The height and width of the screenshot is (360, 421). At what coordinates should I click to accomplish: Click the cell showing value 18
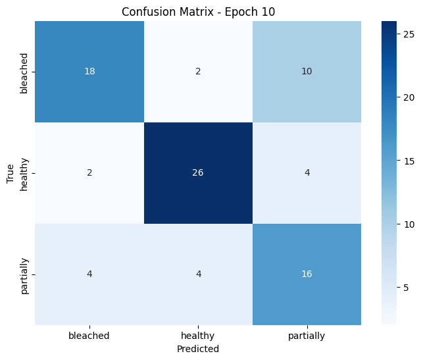[89, 72]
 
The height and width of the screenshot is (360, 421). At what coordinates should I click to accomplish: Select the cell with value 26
[198, 173]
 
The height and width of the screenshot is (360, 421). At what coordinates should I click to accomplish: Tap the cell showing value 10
[307, 72]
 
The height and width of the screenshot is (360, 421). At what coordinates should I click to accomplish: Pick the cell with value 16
[307, 274]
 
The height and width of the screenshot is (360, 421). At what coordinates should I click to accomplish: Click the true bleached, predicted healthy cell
[198, 72]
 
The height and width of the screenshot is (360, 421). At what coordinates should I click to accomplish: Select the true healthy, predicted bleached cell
[89, 173]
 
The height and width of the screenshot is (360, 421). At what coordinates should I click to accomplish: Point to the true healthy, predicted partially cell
[307, 173]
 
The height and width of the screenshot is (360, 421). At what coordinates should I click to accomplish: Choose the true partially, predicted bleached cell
[89, 274]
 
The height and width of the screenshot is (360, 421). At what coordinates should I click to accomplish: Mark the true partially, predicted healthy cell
[198, 274]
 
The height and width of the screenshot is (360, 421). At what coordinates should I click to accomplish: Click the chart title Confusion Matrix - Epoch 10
[198, 11]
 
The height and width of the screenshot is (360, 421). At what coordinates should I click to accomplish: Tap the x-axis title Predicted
[198, 349]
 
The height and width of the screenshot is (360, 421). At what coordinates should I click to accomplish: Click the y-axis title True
[10, 173]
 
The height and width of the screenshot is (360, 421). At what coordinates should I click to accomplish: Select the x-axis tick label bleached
[89, 336]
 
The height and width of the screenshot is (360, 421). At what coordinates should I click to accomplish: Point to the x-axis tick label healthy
[198, 336]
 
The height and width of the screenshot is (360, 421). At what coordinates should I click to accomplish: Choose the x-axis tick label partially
[307, 336]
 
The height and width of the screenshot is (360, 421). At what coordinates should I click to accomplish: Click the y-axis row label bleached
[24, 72]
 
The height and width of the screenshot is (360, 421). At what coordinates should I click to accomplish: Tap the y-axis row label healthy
[24, 173]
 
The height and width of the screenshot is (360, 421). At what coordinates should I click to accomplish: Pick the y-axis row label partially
[24, 274]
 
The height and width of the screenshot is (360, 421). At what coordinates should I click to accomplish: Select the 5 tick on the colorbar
[406, 287]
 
